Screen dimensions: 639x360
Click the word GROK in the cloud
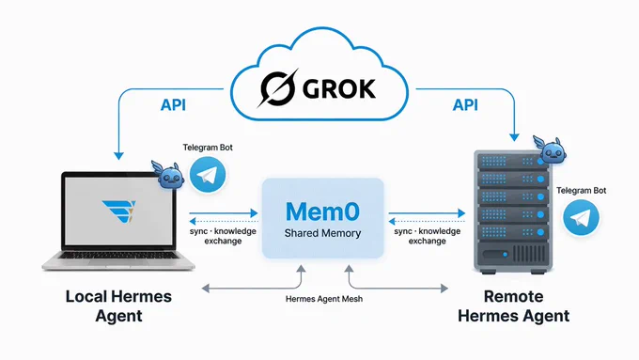[339, 89]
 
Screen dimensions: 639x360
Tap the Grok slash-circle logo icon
[278, 88]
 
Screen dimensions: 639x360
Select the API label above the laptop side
[173, 104]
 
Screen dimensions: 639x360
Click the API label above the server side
[465, 104]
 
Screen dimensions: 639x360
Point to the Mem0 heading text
[322, 211]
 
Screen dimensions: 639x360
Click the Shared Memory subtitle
[322, 233]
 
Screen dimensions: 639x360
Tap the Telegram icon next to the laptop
[208, 175]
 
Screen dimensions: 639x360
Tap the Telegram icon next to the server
[581, 217]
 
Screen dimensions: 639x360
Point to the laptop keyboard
[118, 256]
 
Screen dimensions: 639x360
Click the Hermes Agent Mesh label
[324, 299]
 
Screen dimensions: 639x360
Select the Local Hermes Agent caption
[118, 306]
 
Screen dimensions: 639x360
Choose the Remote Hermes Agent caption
[513, 306]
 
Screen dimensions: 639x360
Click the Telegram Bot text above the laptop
[208, 148]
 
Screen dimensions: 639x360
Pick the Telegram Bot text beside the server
[582, 191]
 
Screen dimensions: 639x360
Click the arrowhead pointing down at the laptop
[118, 156]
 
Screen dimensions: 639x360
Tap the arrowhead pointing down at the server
[514, 137]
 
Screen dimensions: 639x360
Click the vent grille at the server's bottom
[530, 254]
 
